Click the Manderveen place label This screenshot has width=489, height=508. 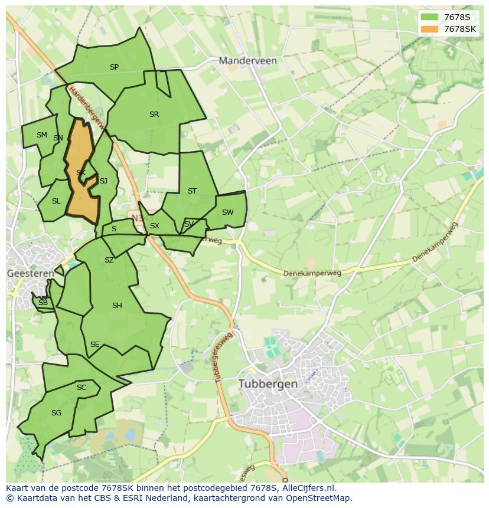click(x=247, y=61)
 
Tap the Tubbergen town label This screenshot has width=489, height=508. click(x=268, y=384)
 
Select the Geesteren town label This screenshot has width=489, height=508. click(x=30, y=273)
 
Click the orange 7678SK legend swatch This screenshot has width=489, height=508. click(x=429, y=29)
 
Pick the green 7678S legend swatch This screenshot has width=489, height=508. click(x=429, y=17)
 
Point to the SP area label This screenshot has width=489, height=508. click(x=114, y=67)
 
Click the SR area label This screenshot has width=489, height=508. click(x=154, y=114)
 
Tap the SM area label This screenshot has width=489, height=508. click(x=41, y=135)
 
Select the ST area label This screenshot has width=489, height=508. click(x=192, y=191)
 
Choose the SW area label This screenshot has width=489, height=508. click(x=227, y=212)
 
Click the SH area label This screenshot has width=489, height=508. click(x=117, y=306)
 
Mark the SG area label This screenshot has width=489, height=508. click(x=56, y=413)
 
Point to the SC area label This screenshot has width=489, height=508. click(x=81, y=388)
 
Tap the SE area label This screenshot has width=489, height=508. click(x=94, y=345)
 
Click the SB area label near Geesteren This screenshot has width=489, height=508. click(x=43, y=303)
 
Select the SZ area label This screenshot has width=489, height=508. click(x=109, y=260)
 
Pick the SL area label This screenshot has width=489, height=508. click(x=56, y=201)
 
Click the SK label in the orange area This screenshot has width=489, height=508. click(x=81, y=173)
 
